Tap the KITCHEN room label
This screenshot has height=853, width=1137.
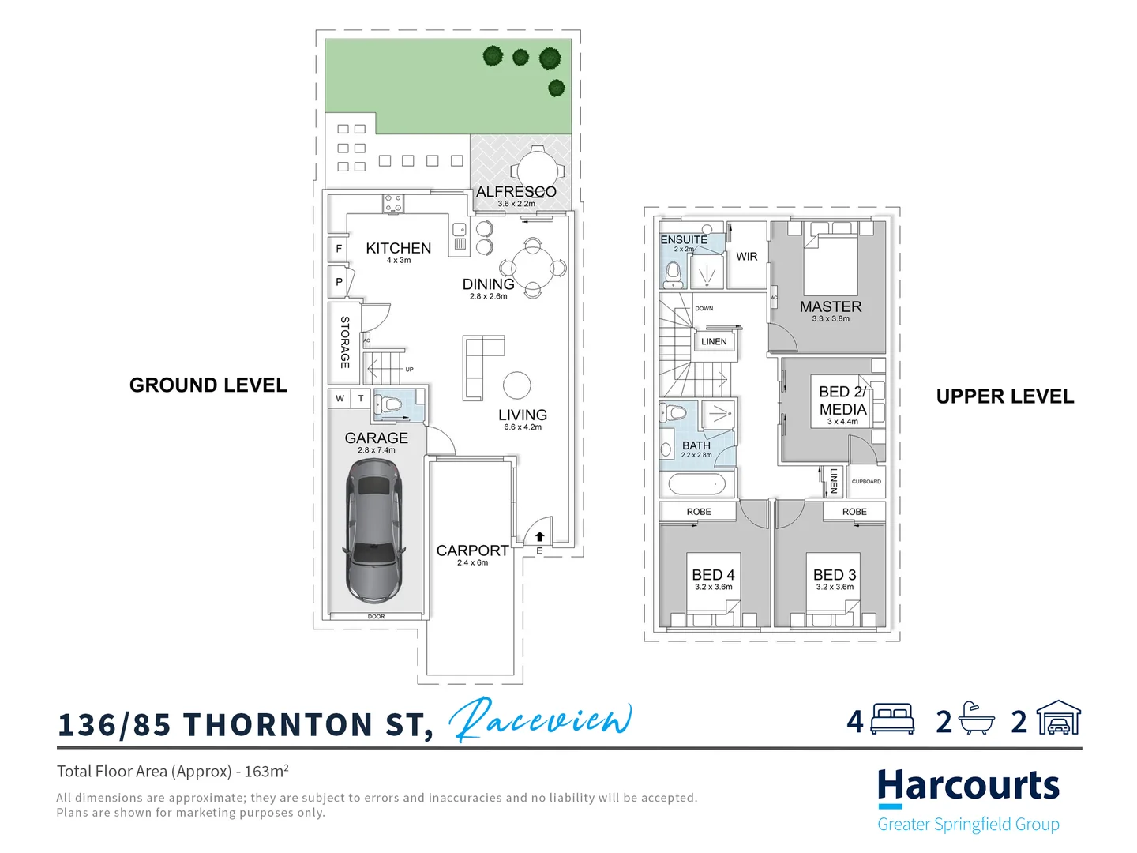(398, 248)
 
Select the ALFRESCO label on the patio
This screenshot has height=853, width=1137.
(516, 192)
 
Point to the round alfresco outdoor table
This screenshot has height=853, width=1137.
(538, 170)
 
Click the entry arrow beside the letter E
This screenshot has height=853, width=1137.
(540, 537)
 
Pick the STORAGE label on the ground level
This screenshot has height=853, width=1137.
(344, 342)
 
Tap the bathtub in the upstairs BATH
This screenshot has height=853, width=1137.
(697, 483)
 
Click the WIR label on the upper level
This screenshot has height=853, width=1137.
(746, 257)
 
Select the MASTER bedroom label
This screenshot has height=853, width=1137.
(830, 306)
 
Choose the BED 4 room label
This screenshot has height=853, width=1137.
(713, 575)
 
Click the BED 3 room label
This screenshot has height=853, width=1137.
(835, 575)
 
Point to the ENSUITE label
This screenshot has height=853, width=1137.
(684, 239)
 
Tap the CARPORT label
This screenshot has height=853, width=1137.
(472, 551)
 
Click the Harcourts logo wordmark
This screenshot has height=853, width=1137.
(968, 786)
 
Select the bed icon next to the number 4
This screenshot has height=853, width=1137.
(892, 720)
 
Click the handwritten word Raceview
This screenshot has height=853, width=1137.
(540, 720)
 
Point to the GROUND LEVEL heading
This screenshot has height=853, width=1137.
(208, 385)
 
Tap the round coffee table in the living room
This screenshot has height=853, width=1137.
(517, 385)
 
